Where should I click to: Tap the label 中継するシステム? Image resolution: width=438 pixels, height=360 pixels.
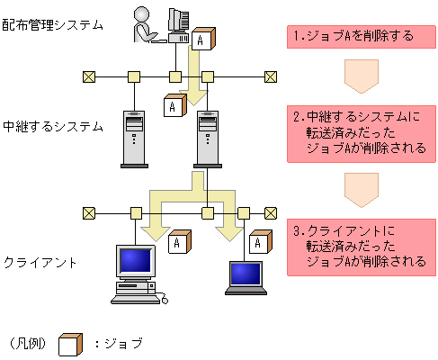pos(53,127)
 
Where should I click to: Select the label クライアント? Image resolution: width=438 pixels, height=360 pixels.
pos(40,263)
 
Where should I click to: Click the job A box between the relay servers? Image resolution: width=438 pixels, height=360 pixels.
pos(174,105)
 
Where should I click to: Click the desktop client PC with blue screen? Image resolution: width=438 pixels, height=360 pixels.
pos(131,270)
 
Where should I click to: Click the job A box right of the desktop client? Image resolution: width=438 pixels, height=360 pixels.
pos(181,243)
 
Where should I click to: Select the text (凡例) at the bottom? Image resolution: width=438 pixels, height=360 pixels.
pos(27,344)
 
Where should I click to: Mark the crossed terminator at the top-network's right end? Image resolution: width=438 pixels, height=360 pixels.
pos(269,76)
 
